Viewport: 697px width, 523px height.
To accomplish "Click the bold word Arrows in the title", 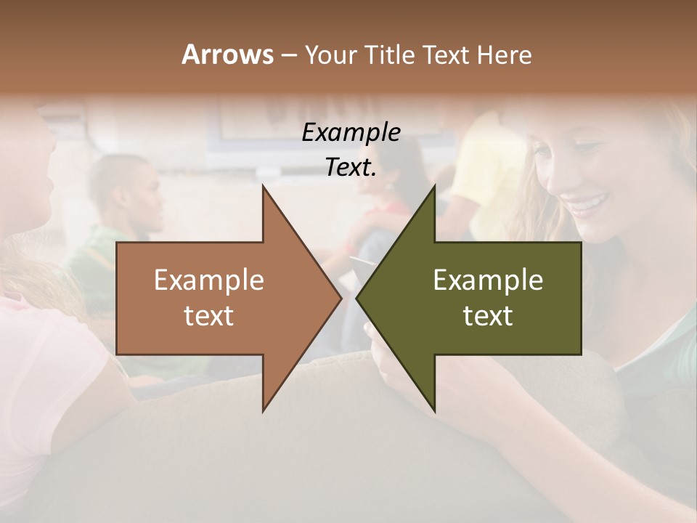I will click(x=227, y=54).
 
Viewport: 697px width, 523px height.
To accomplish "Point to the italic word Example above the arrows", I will click(x=351, y=133).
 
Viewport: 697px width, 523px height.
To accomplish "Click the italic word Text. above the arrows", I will click(x=351, y=168).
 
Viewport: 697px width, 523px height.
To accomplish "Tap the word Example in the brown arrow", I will click(x=209, y=280).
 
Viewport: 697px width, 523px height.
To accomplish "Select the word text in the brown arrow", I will click(x=209, y=316).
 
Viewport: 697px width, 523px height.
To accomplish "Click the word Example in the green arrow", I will click(x=488, y=280).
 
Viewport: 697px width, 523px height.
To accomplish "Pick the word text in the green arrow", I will click(x=488, y=316).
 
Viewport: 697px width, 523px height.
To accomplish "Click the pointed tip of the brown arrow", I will click(x=340, y=298).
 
